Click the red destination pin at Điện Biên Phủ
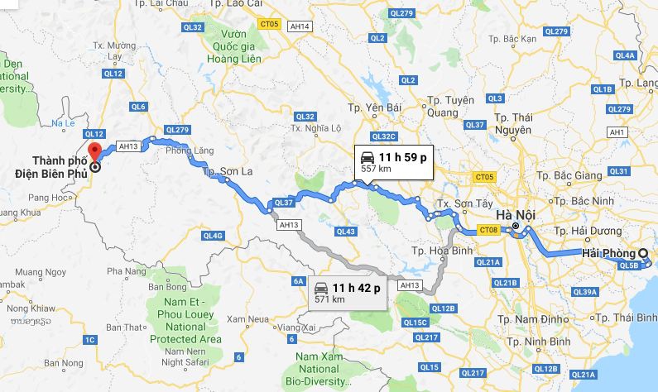point(94,152)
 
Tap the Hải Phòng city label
point(608,253)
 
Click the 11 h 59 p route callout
point(393,161)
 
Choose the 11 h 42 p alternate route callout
point(347,292)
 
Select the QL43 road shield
point(346,232)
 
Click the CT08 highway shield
point(489,230)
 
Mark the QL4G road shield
point(213,236)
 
